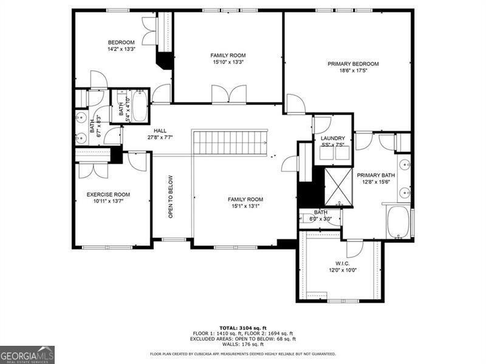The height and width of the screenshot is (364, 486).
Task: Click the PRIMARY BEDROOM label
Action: click(353, 64)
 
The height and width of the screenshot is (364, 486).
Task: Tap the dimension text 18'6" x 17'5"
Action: click(353, 71)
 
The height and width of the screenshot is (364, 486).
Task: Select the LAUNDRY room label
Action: click(332, 138)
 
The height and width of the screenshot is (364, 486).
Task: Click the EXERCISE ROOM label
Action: click(108, 195)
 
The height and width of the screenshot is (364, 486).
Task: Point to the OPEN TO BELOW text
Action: click(171, 197)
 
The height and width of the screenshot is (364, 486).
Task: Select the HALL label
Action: click(160, 130)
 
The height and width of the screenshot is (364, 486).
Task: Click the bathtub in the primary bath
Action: click(399, 221)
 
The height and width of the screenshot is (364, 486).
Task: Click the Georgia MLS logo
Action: click(27, 354)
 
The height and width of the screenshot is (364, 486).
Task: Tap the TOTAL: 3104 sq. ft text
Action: click(243, 328)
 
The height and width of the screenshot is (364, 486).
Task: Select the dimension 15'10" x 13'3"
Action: click(228, 62)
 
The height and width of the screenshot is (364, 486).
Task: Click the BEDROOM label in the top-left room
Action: click(121, 42)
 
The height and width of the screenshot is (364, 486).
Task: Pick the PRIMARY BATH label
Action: click(375, 175)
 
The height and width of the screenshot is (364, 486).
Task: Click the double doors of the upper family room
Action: click(229, 95)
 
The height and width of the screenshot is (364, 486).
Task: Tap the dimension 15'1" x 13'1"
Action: click(245, 206)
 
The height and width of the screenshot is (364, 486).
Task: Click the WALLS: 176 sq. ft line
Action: click(243, 344)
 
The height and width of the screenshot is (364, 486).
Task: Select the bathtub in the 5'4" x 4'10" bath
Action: click(139, 106)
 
